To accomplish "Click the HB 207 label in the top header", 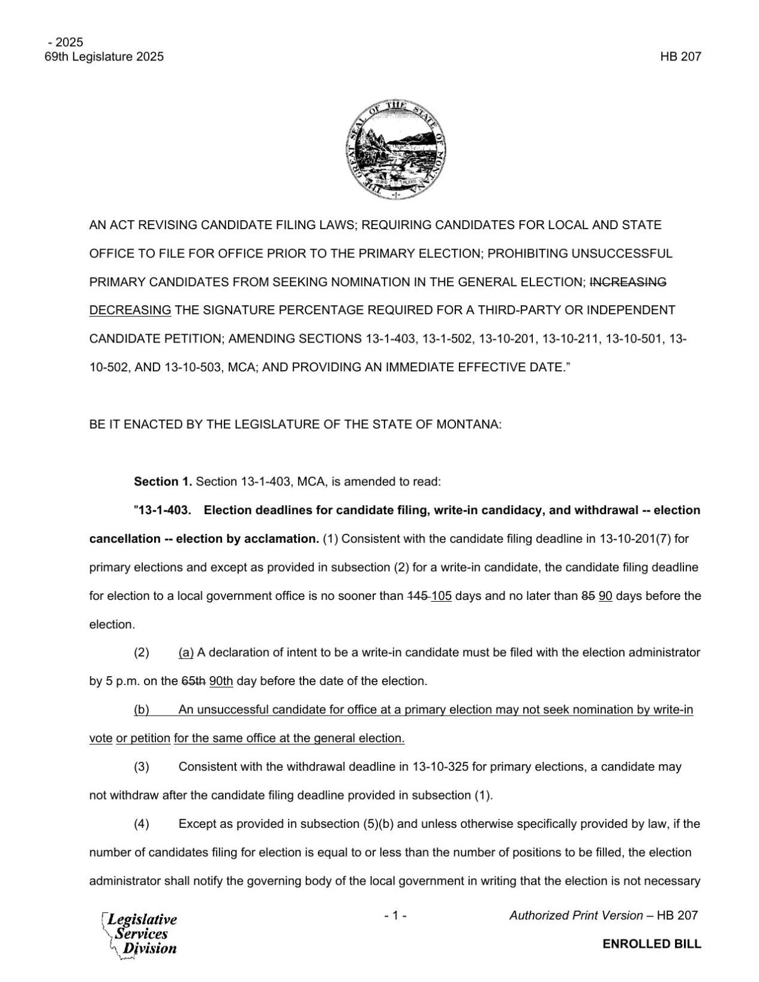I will [x=680, y=57].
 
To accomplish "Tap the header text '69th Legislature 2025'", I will [x=104, y=57].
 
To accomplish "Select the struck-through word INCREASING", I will [x=628, y=282].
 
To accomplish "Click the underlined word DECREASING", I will [x=130, y=310].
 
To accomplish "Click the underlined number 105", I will [x=441, y=596].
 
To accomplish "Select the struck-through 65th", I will [x=193, y=681].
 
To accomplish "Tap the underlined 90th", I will [x=221, y=681].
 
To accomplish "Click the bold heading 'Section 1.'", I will [x=163, y=481].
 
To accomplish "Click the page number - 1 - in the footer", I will [x=395, y=915].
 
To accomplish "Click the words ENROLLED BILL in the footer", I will [x=652, y=944].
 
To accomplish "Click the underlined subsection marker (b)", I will [x=142, y=710].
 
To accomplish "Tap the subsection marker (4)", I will [x=142, y=824].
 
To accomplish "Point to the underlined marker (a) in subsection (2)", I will [x=186, y=652].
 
